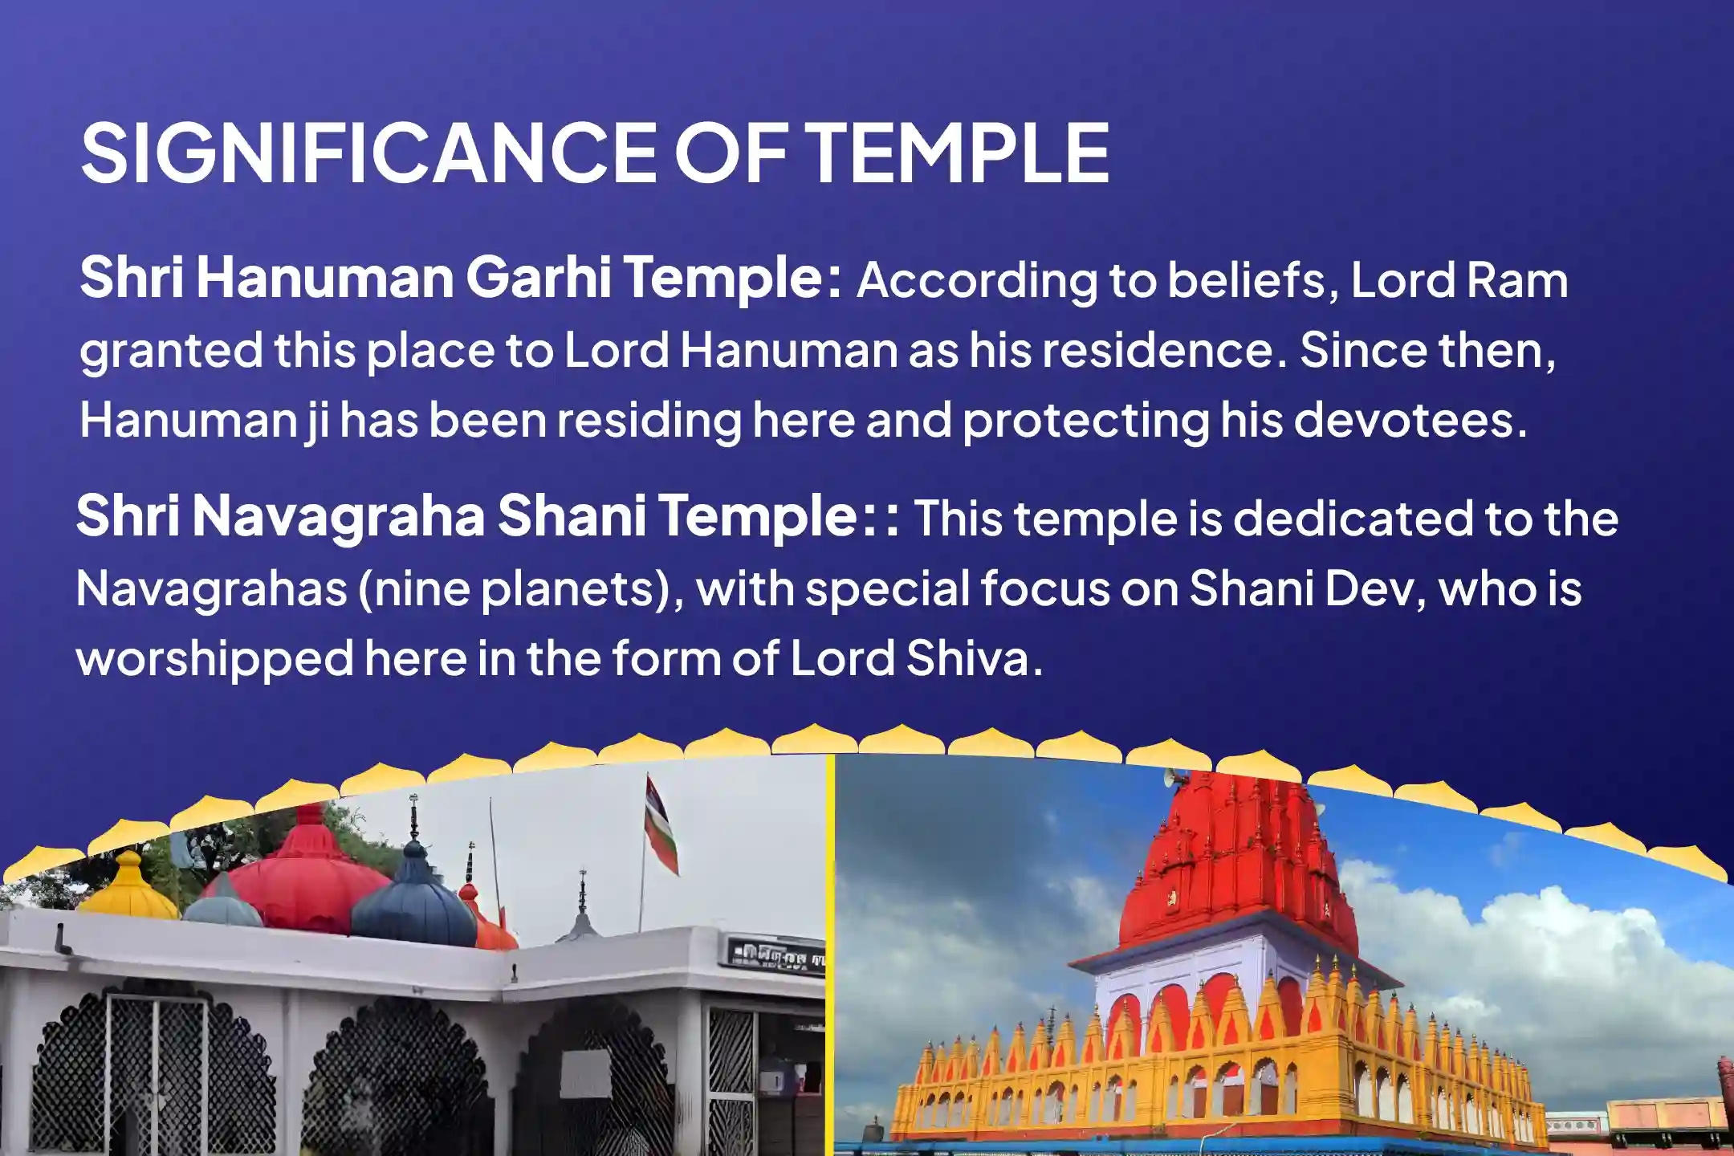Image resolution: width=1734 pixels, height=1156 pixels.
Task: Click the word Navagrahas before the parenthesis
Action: coord(211,590)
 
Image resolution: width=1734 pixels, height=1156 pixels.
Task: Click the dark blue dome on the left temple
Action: coord(413,899)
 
